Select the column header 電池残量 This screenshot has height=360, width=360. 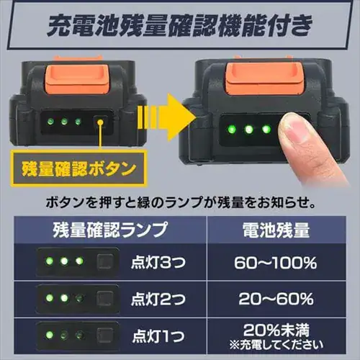pyautogui.click(x=274, y=233)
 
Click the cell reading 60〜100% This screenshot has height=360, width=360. pyautogui.click(x=274, y=263)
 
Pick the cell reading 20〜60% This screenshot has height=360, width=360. pyautogui.click(x=274, y=297)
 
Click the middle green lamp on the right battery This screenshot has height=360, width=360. pyautogui.click(x=247, y=130)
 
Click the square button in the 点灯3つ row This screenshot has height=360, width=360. pyautogui.click(x=104, y=263)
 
